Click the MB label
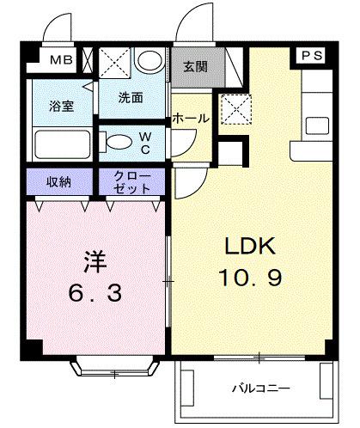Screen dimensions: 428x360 point(59,60)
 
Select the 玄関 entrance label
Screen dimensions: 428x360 point(195,64)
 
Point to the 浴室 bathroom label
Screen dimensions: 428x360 point(59,107)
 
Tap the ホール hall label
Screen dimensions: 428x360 point(190,119)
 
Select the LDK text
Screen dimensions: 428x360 point(249,248)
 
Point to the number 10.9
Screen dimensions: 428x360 point(249,278)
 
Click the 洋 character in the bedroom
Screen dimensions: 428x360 point(94,260)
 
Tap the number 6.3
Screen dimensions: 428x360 point(94,292)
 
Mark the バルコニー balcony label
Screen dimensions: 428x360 point(259,388)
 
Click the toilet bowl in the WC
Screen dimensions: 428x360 point(115,141)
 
